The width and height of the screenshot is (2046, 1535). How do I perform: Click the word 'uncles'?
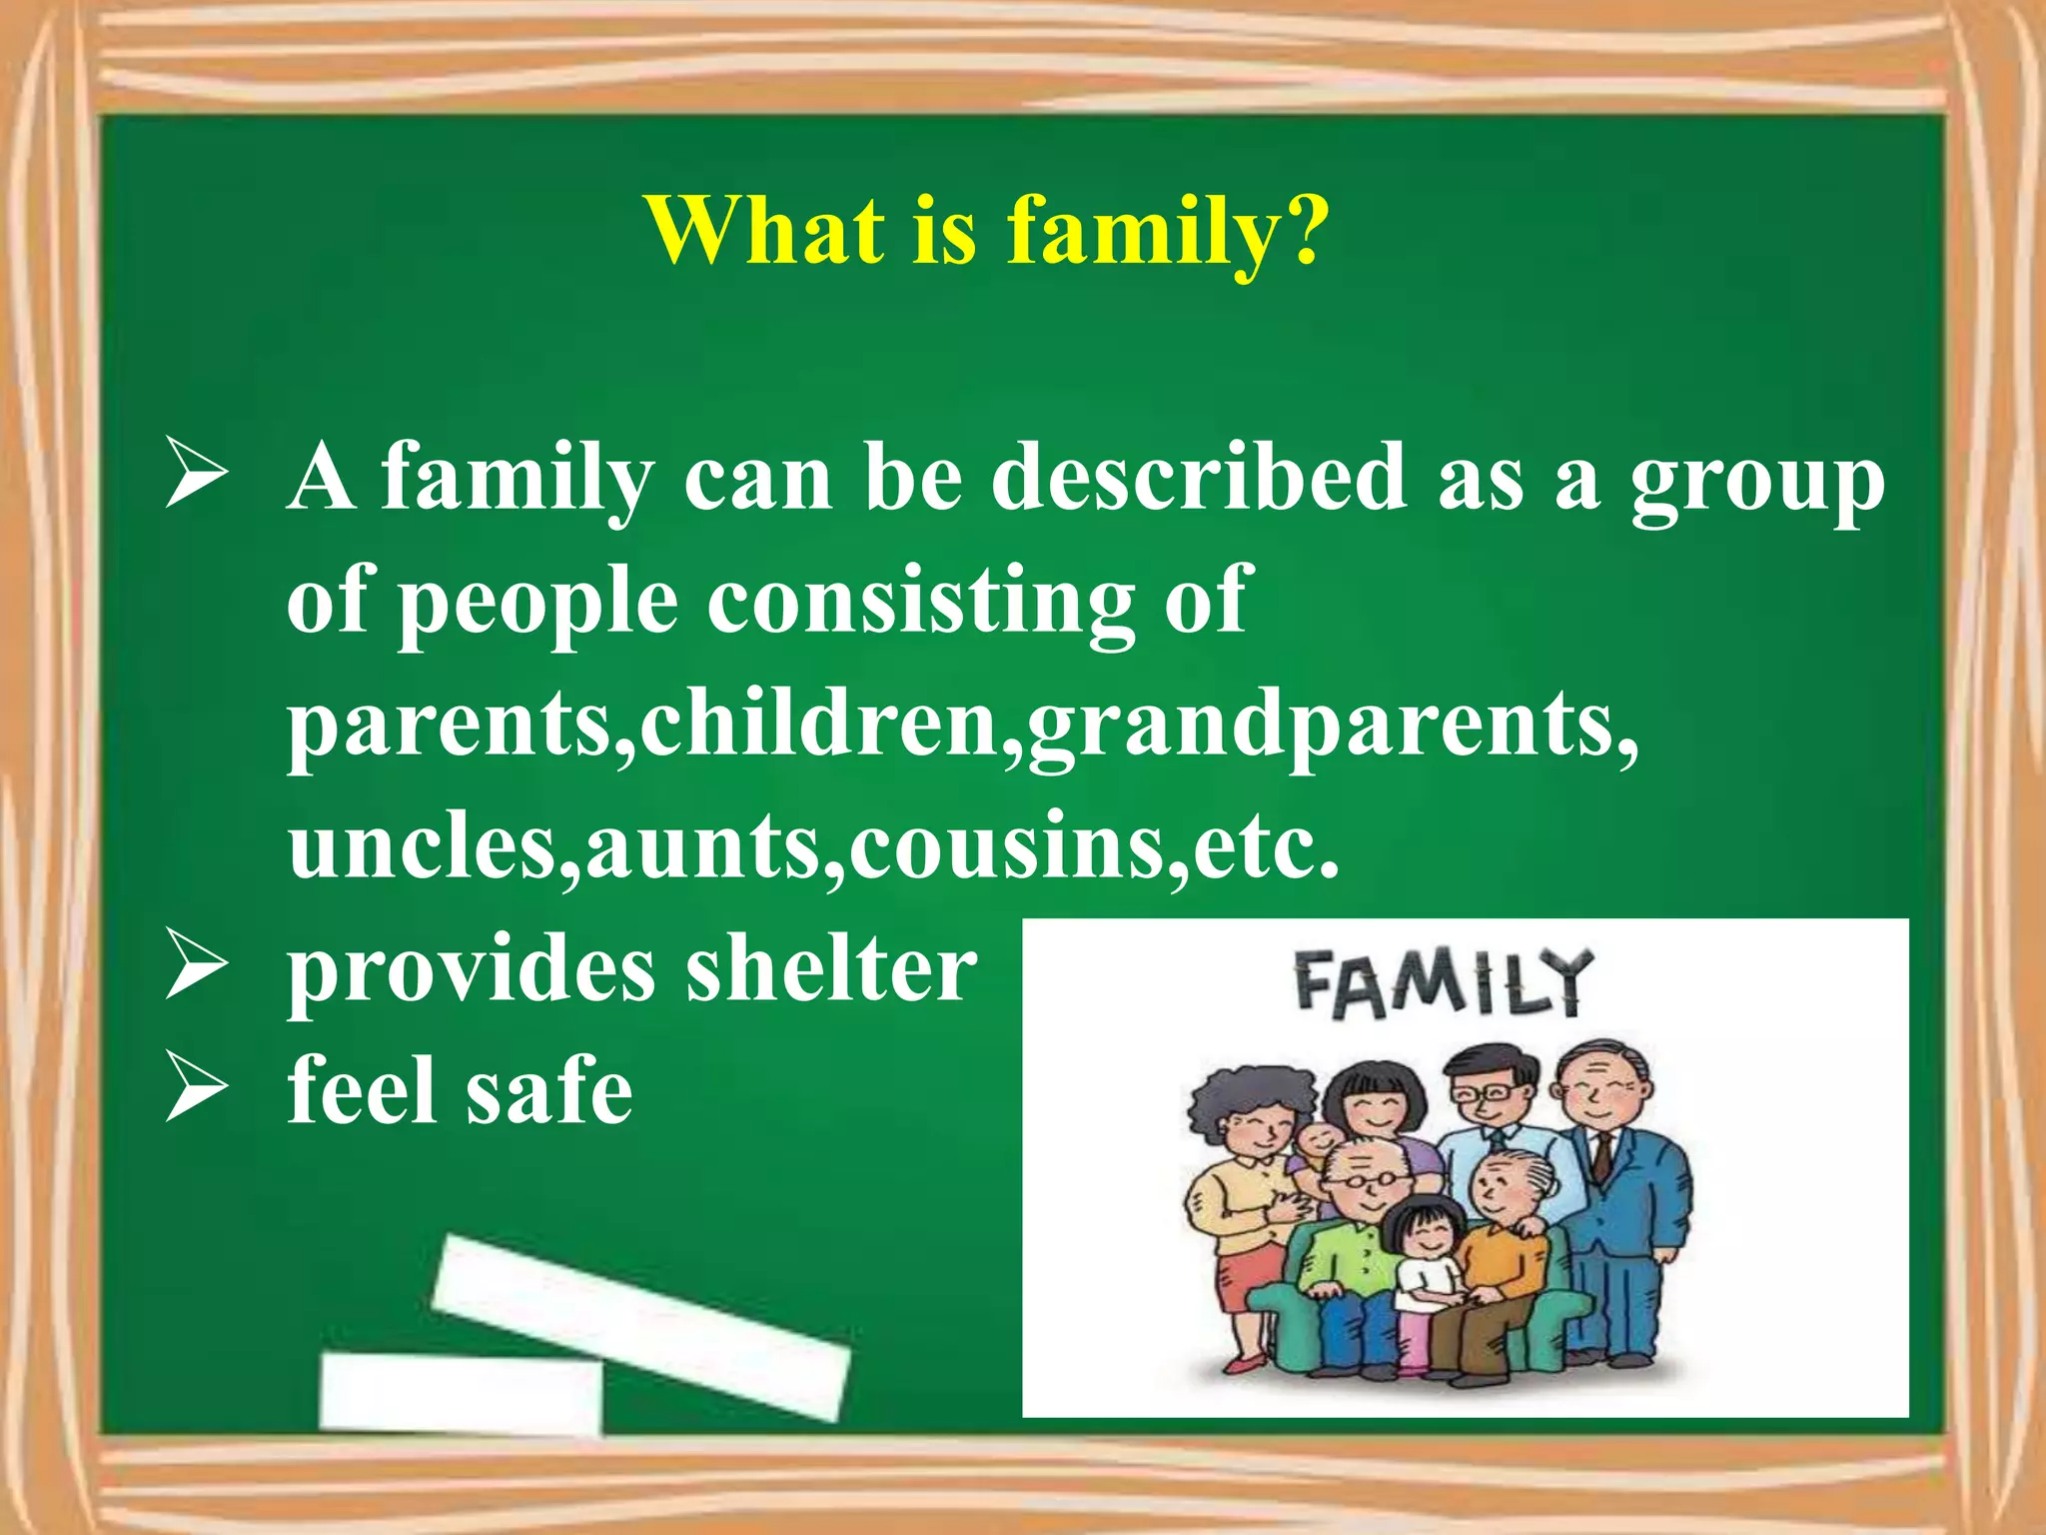coord(421,845)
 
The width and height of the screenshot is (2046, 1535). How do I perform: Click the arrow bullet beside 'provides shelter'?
coord(197,964)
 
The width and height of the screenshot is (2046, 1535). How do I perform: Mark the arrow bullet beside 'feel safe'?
coord(197,1087)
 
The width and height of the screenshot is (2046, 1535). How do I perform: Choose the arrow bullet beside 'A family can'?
coord(197,476)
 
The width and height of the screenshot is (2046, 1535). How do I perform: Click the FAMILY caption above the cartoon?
coord(1440,984)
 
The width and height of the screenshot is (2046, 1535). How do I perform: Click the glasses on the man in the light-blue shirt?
coord(1483,1094)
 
